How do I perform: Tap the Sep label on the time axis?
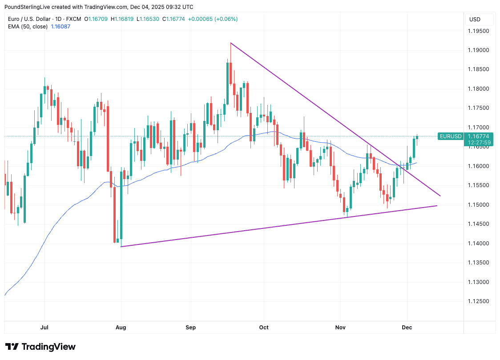191,328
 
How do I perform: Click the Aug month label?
121,328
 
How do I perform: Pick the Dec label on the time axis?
407,328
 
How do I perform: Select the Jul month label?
44,328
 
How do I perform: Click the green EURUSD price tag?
450,136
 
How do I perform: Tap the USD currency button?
475,20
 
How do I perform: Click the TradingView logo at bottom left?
40,347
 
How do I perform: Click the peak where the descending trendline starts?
230,43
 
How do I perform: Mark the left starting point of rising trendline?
121,247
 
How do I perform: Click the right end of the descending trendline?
440,196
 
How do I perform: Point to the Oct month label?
264,328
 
